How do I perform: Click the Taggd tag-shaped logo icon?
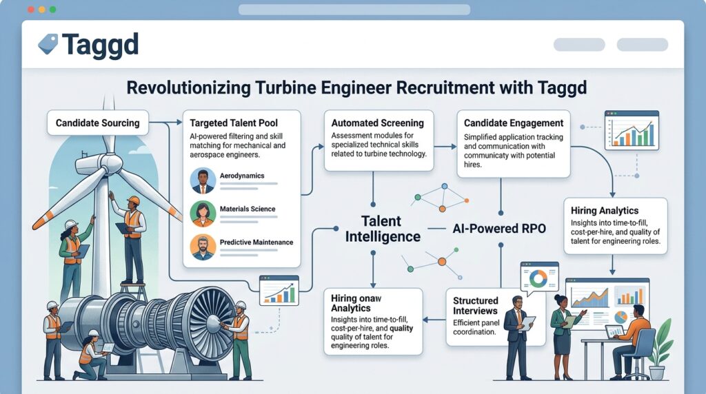tap(48, 44)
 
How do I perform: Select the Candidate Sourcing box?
tap(98, 123)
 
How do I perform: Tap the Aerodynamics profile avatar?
tap(203, 180)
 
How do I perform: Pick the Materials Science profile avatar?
tap(203, 214)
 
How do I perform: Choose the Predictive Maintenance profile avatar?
tap(203, 247)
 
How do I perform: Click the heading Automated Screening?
tap(377, 123)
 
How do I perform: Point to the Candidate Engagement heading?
tap(513, 123)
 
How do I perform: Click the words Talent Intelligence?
tap(382, 229)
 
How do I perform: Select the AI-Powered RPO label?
tap(499, 229)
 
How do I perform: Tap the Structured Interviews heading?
tap(475, 306)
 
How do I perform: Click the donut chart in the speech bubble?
tap(538, 279)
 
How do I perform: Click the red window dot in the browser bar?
tap(30, 10)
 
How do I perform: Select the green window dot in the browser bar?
tap(52, 10)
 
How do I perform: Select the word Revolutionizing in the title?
tap(188, 87)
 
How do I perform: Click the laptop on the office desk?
tap(614, 332)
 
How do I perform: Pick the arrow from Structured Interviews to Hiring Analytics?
tap(434, 320)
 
